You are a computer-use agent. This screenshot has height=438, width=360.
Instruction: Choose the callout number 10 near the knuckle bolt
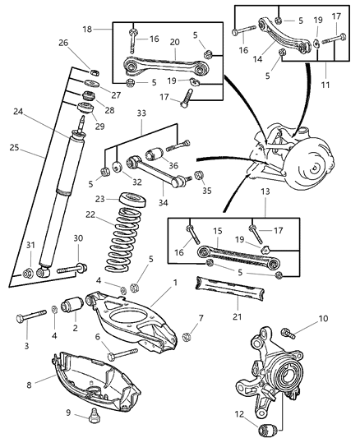(x=323, y=318)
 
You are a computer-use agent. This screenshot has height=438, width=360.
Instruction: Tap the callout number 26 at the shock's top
(x=85, y=43)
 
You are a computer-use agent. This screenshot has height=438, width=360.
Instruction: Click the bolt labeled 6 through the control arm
(x=122, y=357)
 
